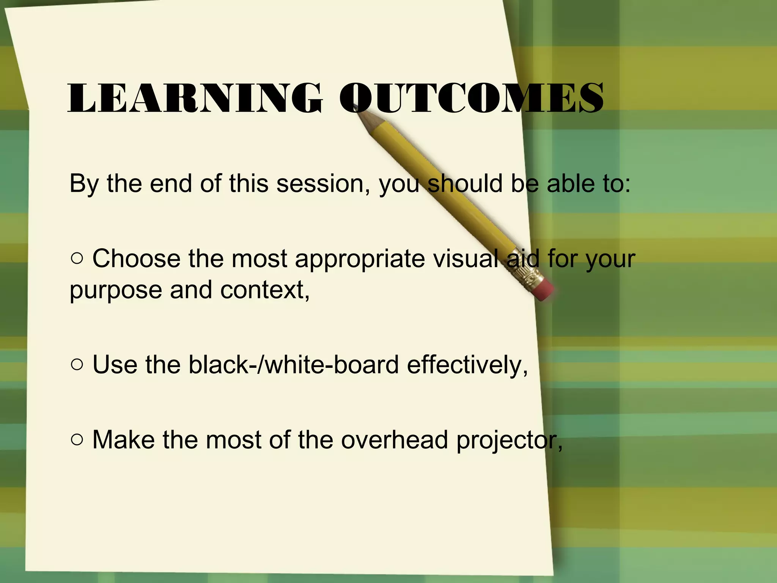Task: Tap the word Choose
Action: click(x=137, y=259)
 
